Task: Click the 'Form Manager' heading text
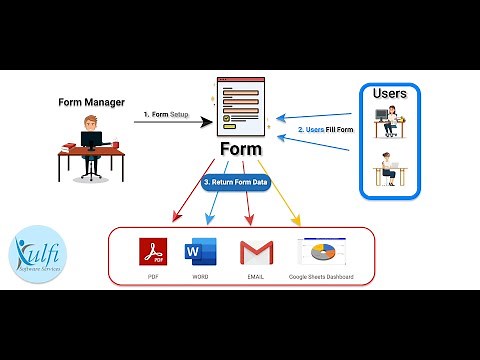coord(93,102)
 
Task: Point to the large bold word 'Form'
coord(239,151)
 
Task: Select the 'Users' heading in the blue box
coord(389,94)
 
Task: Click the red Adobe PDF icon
coord(152,251)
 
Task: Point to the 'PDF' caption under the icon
coord(152,276)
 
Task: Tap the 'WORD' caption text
coord(201,276)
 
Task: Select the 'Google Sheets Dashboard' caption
coord(320,276)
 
